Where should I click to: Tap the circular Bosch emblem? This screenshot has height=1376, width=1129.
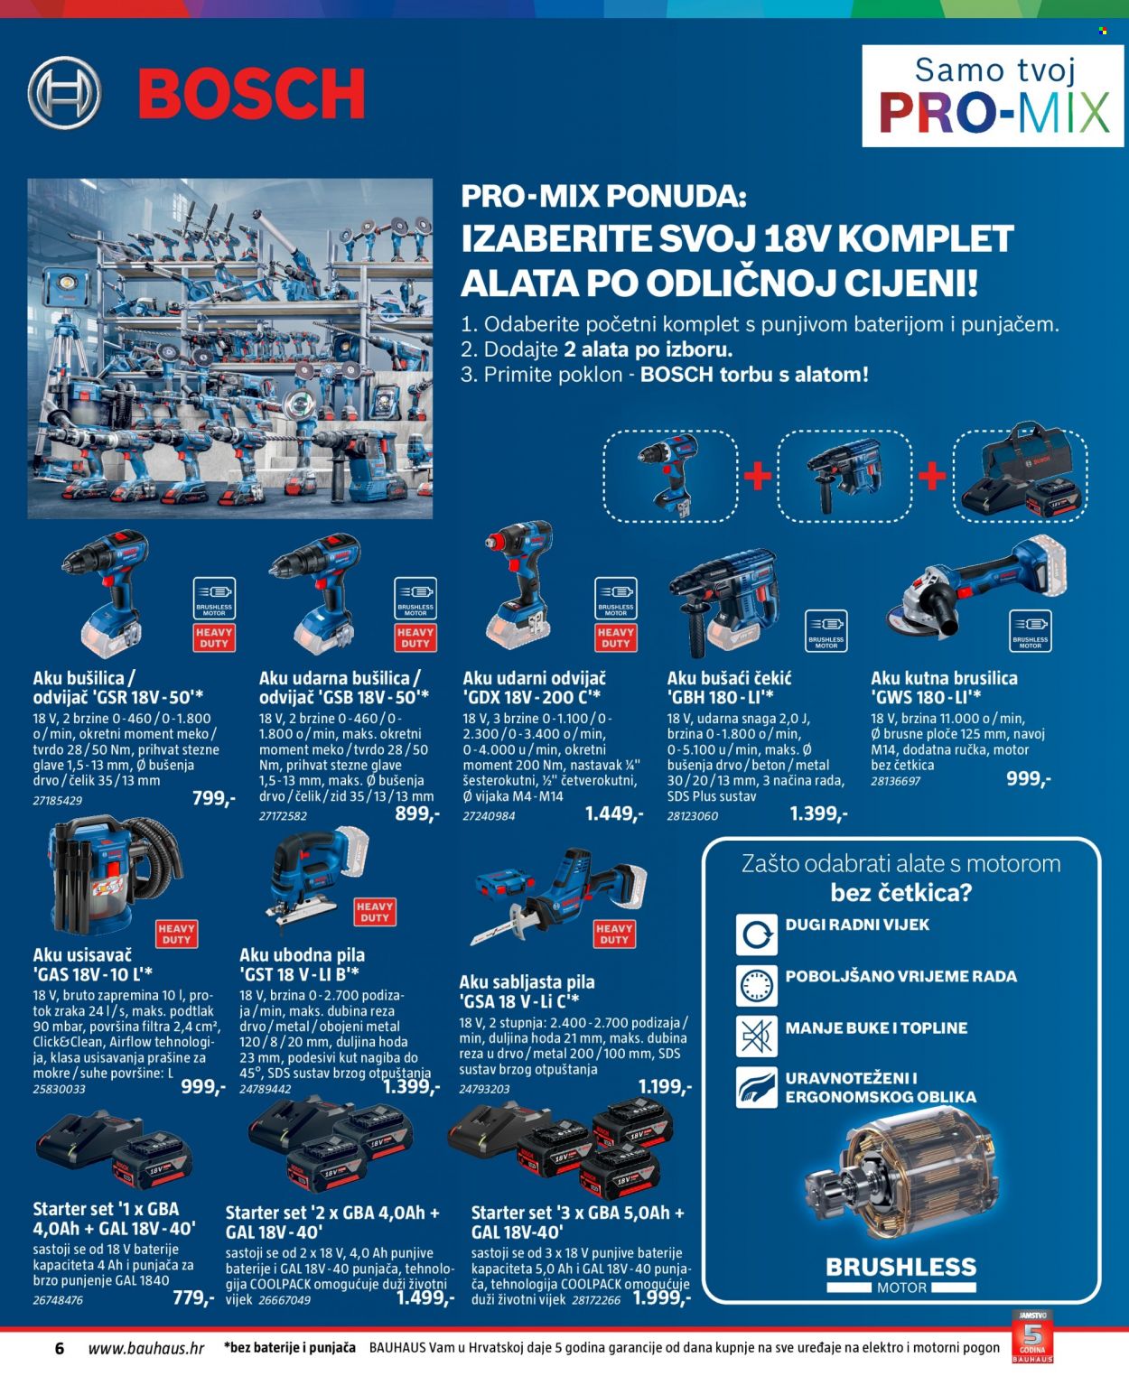click(x=64, y=93)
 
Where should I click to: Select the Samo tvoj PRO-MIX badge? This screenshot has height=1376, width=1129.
click(x=993, y=96)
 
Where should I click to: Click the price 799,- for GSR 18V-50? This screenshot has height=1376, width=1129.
click(x=213, y=797)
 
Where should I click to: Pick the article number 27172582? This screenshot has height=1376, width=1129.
click(x=283, y=815)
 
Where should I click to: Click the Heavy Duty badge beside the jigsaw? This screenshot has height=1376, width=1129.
click(x=375, y=911)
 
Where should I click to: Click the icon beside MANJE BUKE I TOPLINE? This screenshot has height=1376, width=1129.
click(x=756, y=1037)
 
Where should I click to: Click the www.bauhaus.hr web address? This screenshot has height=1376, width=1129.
click(x=146, y=1348)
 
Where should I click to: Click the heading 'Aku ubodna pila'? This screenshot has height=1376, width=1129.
click(x=303, y=955)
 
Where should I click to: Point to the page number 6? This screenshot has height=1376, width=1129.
click(x=60, y=1348)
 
